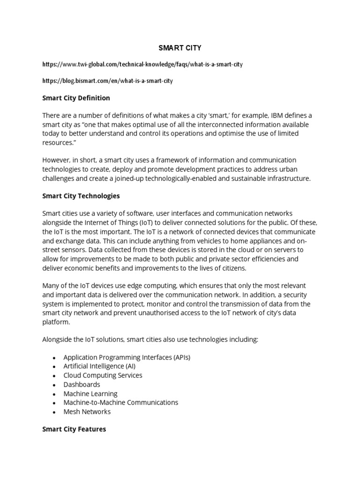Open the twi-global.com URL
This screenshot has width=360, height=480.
click(142, 64)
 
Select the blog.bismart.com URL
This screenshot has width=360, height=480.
click(107, 81)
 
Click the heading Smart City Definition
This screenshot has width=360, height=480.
click(76, 98)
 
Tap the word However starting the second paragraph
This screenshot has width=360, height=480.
click(58, 160)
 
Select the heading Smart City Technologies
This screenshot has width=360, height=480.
click(81, 195)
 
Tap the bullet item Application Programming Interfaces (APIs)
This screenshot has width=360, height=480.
click(127, 357)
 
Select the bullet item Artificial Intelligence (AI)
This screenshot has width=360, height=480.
click(99, 366)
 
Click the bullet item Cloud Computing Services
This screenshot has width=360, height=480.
click(103, 375)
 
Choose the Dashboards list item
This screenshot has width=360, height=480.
click(82, 384)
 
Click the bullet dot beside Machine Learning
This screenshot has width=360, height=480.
click(54, 394)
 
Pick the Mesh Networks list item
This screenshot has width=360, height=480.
click(87, 412)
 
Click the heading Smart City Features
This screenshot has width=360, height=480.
click(74, 429)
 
